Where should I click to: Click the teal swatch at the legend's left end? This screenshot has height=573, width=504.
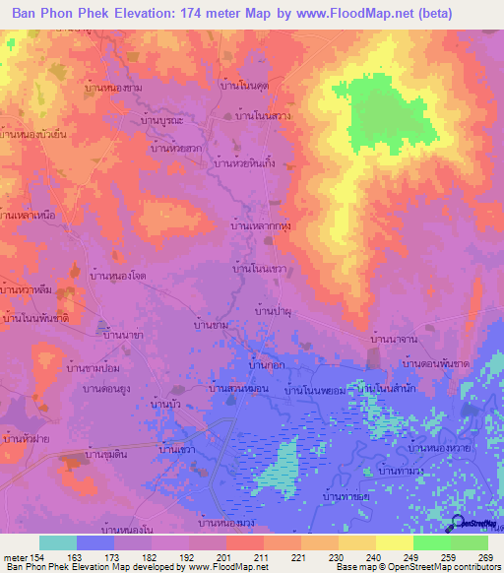click(x=58, y=542)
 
